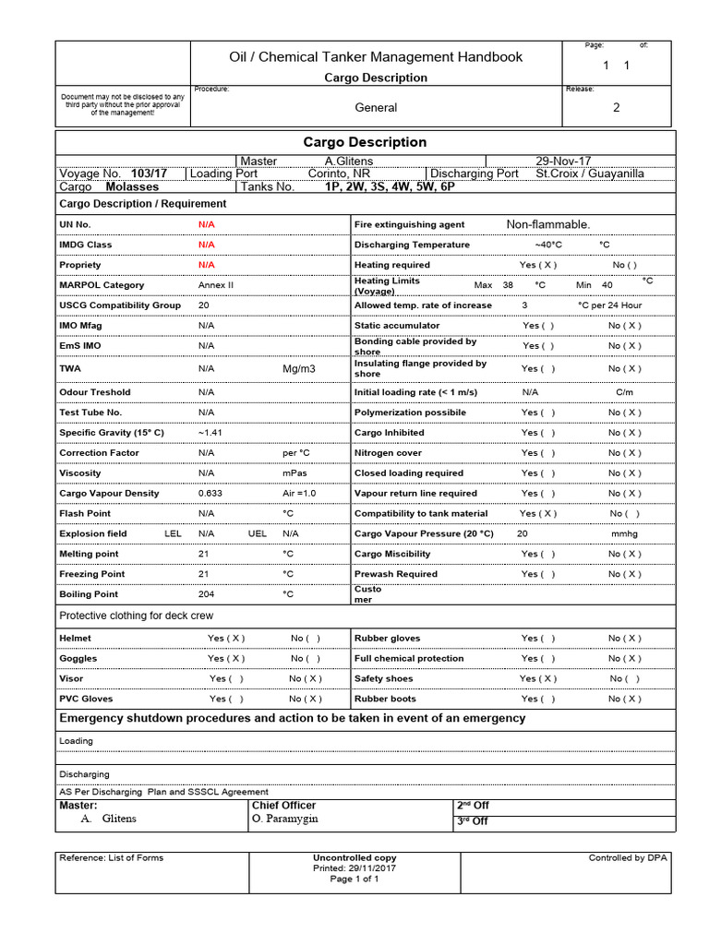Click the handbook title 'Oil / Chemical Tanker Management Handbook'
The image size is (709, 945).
pos(376,57)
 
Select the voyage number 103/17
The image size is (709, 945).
pos(149,173)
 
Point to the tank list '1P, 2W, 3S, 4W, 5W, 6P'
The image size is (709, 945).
pos(389,186)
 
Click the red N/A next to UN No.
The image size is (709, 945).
pos(206,225)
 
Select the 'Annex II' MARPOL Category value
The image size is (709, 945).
pos(216,285)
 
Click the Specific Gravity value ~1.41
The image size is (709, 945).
pos(210,433)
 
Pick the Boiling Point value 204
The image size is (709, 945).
pos(206,594)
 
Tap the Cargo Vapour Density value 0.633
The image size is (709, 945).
pos(210,494)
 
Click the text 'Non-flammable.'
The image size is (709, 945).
pos(547,224)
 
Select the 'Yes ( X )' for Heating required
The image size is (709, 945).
pos(538,265)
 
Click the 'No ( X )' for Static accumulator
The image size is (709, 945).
pos(624,326)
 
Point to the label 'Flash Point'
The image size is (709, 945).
pos(85,513)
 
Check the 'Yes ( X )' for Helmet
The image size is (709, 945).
pos(226,639)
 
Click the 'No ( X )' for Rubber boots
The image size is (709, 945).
pos(624,700)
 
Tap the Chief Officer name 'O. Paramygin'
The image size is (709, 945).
pos(283,819)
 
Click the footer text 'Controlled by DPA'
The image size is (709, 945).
pos(628,858)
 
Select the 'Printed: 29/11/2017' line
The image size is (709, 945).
pos(354,868)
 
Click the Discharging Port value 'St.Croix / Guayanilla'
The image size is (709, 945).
pos(590,173)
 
